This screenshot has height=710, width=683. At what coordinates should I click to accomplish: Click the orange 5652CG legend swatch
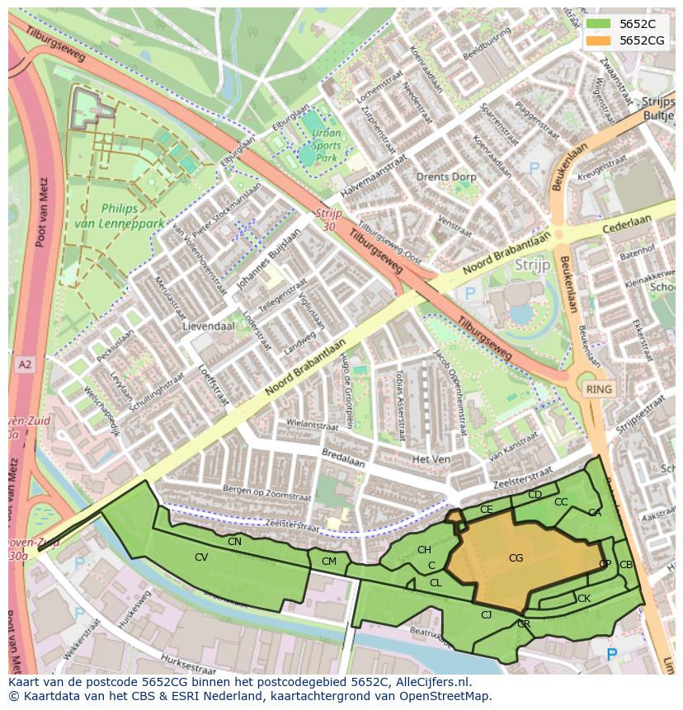click(598, 40)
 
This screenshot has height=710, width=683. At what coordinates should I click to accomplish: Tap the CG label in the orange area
click(516, 558)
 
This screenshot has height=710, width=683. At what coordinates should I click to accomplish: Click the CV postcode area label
click(201, 557)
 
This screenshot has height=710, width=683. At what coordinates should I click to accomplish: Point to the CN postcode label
click(234, 542)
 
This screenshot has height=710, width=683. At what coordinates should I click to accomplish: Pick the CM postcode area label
click(329, 562)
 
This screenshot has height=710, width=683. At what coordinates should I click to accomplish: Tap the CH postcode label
click(424, 550)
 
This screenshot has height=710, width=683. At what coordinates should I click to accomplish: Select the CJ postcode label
click(487, 614)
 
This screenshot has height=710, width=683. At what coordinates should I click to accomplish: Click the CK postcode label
click(583, 599)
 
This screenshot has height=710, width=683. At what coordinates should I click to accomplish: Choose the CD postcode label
click(535, 495)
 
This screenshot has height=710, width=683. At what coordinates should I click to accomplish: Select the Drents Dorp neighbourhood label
click(445, 177)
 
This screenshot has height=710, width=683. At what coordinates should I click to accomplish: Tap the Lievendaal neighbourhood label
click(209, 326)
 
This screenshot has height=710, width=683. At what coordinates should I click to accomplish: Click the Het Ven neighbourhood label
click(430, 458)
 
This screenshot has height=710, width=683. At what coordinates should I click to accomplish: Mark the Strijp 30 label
click(328, 220)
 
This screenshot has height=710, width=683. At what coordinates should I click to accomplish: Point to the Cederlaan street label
click(626, 225)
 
